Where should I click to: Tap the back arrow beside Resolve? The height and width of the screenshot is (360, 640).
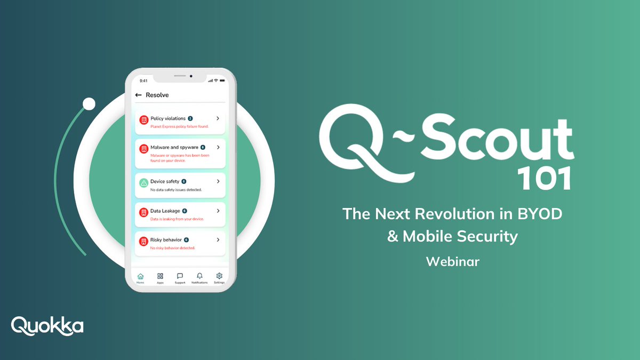[138, 95]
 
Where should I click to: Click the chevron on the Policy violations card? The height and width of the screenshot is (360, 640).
[218, 118]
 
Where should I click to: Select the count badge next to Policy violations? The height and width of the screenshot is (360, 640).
[190, 118]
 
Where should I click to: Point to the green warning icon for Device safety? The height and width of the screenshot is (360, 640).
[143, 182]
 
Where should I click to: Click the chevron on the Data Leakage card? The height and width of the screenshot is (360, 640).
[218, 211]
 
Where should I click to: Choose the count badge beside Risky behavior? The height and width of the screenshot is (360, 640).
[187, 240]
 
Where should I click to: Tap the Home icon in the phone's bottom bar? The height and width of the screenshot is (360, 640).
[140, 276]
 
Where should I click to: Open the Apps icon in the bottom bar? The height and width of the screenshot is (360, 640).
[160, 276]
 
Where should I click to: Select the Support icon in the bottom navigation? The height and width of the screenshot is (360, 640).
[180, 276]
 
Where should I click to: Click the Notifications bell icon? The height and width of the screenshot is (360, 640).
[199, 276]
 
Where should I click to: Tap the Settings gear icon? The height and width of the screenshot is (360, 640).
[219, 276]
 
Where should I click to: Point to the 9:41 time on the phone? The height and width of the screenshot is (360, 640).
[143, 81]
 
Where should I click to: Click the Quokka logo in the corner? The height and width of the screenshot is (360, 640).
[47, 325]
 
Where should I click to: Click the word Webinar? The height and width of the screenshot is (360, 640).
[453, 261]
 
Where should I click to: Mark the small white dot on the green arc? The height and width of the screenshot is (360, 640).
[89, 104]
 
